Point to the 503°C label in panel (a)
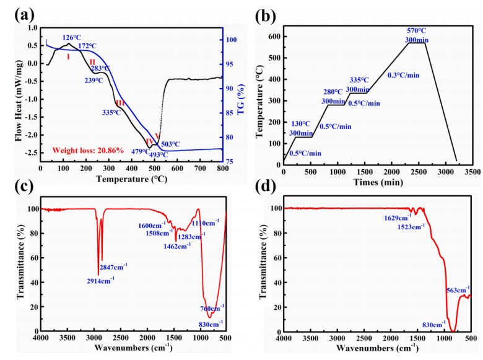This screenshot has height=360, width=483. coord(170,144)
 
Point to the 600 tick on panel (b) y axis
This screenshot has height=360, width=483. coord(274,37)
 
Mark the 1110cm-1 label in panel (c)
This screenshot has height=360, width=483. coord(201,223)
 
